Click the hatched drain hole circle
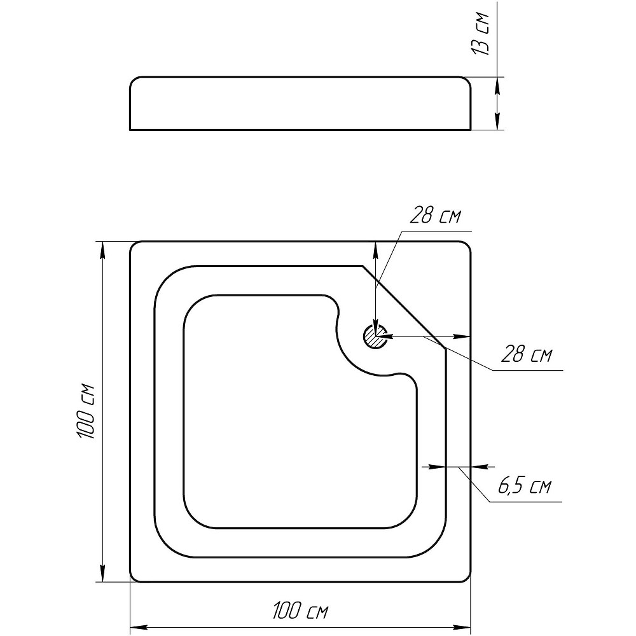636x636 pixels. [x=375, y=336]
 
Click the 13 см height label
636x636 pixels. [x=480, y=34]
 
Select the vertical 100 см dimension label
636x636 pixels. [x=86, y=411]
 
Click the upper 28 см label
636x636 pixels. [x=435, y=215]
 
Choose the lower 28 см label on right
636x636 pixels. [x=527, y=354]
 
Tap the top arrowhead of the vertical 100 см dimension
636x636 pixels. [x=102, y=250]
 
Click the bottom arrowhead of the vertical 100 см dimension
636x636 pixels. [x=102, y=574]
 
